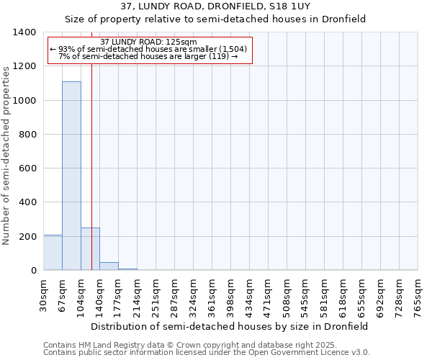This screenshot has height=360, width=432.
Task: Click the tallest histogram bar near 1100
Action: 71,176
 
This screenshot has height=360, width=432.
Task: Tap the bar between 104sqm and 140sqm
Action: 90,249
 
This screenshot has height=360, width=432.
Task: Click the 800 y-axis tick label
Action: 27,135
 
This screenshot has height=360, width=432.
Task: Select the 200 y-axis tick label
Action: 27,237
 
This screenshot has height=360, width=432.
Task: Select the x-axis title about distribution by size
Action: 230,326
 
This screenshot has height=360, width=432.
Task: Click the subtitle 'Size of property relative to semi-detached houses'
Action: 215,20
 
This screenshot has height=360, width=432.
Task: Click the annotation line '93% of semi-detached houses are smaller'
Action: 149,49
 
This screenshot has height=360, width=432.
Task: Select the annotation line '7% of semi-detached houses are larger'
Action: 148,56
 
